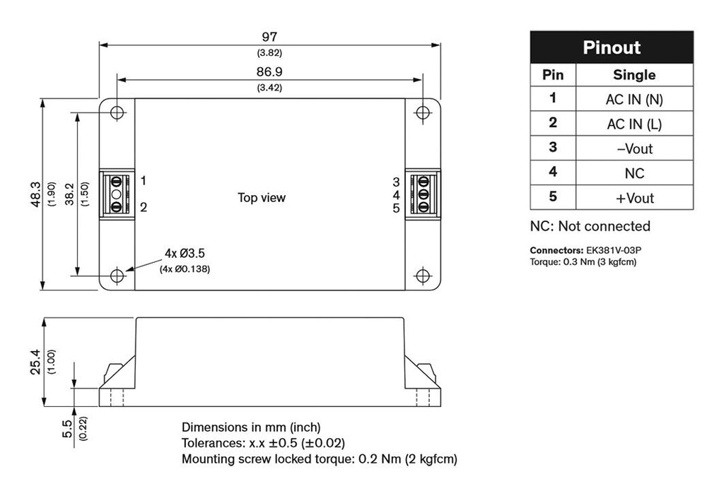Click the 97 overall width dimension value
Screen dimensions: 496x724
point(269,36)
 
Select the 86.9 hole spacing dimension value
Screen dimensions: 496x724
point(269,71)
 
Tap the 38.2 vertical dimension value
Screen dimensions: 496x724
point(69,194)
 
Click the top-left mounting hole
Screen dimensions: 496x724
point(117,112)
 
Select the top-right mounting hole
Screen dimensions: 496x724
point(423,112)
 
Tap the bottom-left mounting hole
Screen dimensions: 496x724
point(117,276)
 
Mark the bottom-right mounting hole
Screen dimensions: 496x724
point(423,276)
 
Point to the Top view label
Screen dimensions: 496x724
point(262,198)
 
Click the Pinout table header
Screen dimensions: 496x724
point(612,47)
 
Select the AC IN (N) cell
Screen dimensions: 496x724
point(634,99)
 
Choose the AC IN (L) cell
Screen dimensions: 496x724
point(634,124)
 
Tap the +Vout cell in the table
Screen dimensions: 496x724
point(634,198)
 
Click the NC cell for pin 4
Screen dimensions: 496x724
point(634,173)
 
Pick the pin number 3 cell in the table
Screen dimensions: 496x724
point(553,148)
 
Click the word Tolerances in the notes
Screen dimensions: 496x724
point(213,443)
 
